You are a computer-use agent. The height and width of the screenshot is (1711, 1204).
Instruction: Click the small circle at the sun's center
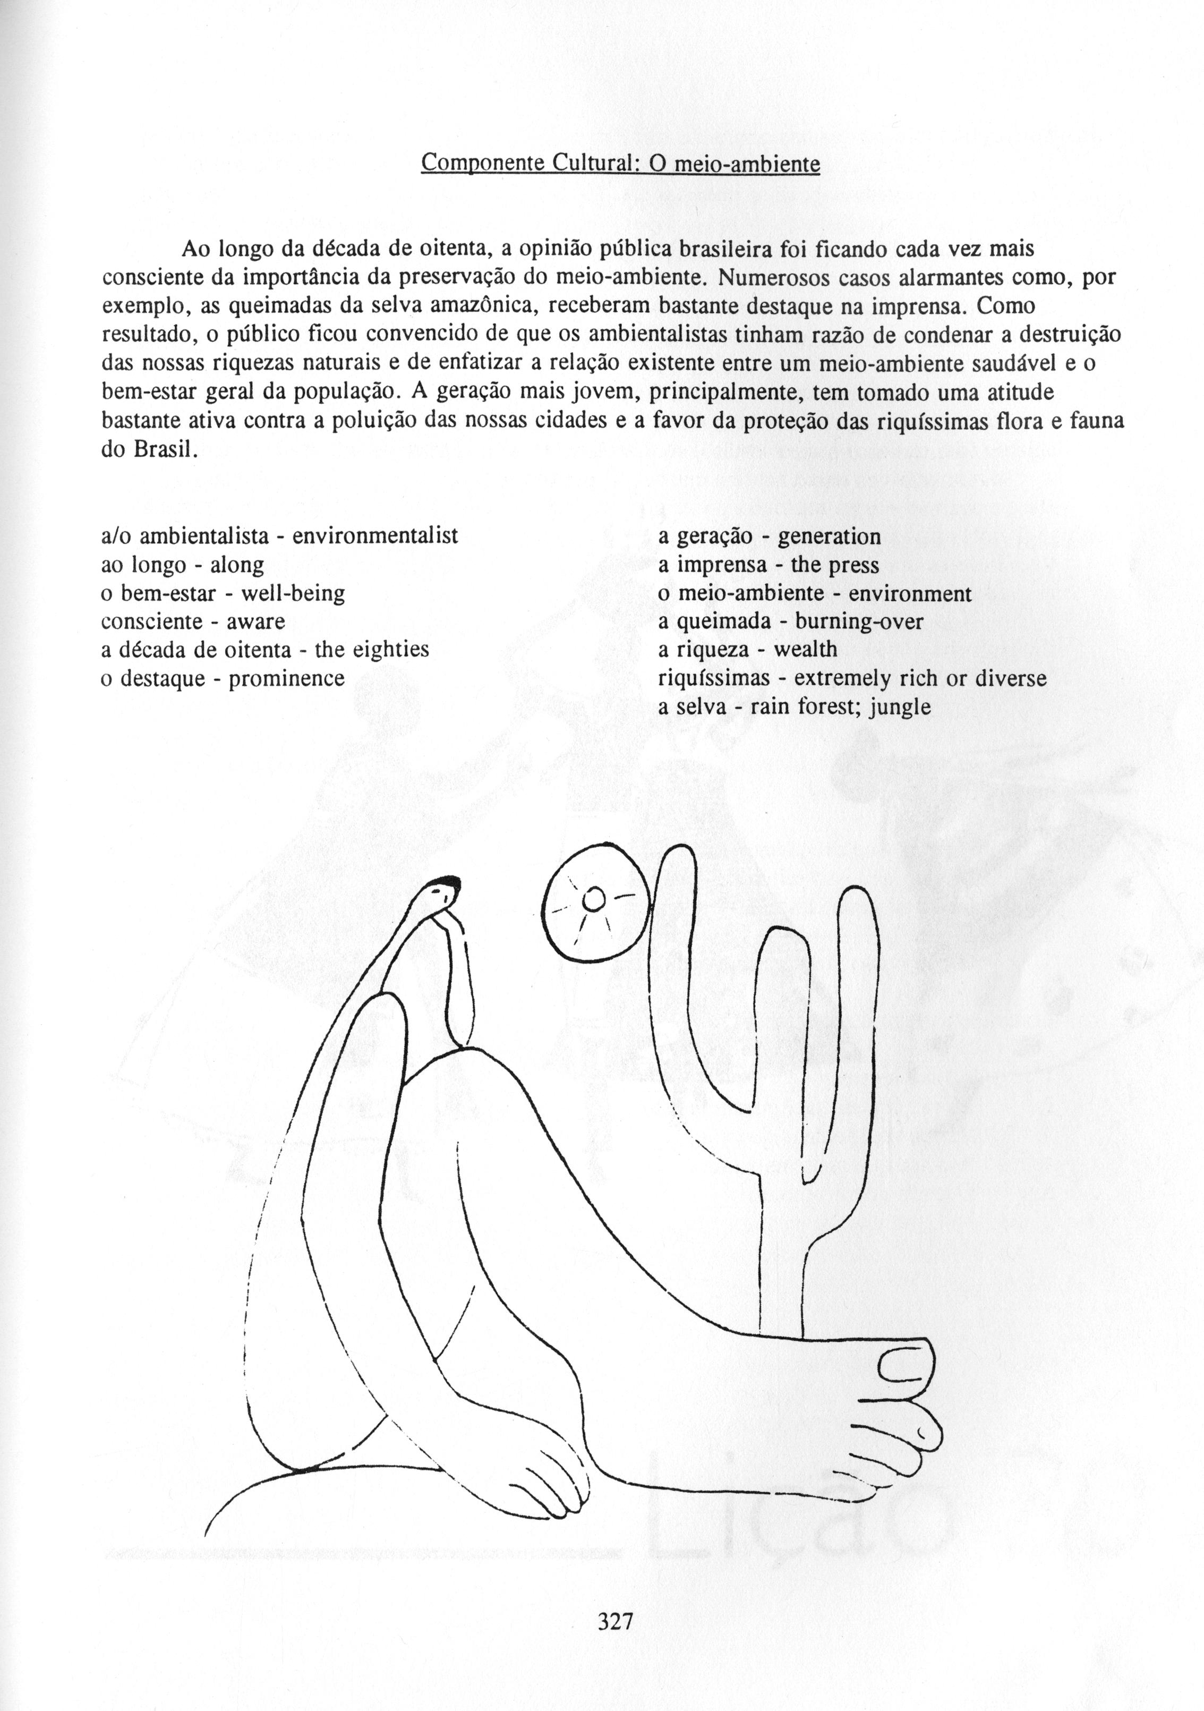593,900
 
